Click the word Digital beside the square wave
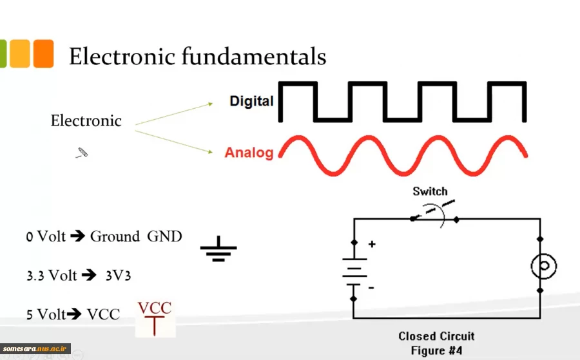pos(251,101)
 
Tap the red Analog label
pos(249,153)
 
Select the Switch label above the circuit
pos(430,191)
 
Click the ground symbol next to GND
pos(218,248)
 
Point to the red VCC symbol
pos(155,317)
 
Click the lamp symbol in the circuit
pos(543,266)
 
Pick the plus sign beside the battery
pos(371,245)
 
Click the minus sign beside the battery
pos(371,288)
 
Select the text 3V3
pos(119,276)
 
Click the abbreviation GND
pos(164,236)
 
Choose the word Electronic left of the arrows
pos(86,120)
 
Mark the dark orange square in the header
pos(43,53)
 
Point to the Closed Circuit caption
pos(436,336)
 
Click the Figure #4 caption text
pos(436,350)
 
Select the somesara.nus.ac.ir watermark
pos(35,348)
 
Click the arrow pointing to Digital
pos(174,113)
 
